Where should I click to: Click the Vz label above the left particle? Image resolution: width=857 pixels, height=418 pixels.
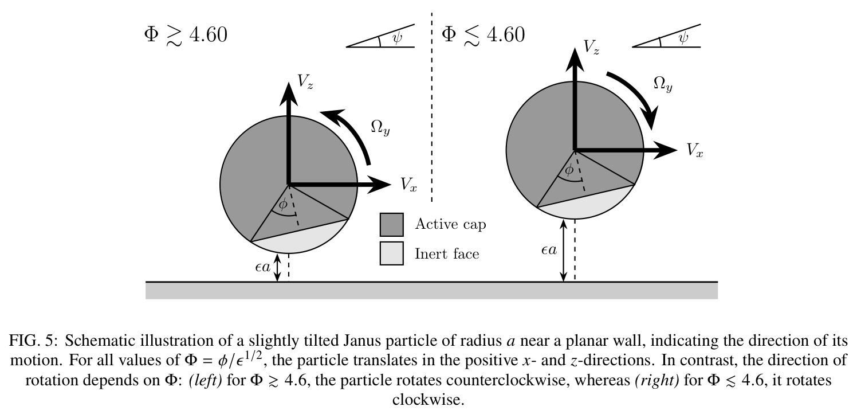pos(305,81)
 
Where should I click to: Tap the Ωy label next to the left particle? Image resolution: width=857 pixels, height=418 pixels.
pos(380,127)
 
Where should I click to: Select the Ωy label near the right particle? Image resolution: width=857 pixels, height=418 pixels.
pos(663,84)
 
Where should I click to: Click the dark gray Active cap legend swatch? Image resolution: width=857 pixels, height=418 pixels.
pos(391,225)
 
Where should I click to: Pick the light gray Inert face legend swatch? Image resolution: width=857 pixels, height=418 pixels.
pos(391,253)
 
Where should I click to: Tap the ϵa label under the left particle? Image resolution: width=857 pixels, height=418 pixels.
pos(262,267)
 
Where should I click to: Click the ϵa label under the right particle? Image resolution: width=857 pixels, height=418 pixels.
pos(549,250)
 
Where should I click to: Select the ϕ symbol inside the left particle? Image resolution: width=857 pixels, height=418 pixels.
pos(283,204)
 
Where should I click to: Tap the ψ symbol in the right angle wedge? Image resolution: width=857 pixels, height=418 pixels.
pos(683,37)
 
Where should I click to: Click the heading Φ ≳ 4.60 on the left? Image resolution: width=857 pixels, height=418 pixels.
pos(186,36)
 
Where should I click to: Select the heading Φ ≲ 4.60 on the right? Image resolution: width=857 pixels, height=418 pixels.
pos(483,36)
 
